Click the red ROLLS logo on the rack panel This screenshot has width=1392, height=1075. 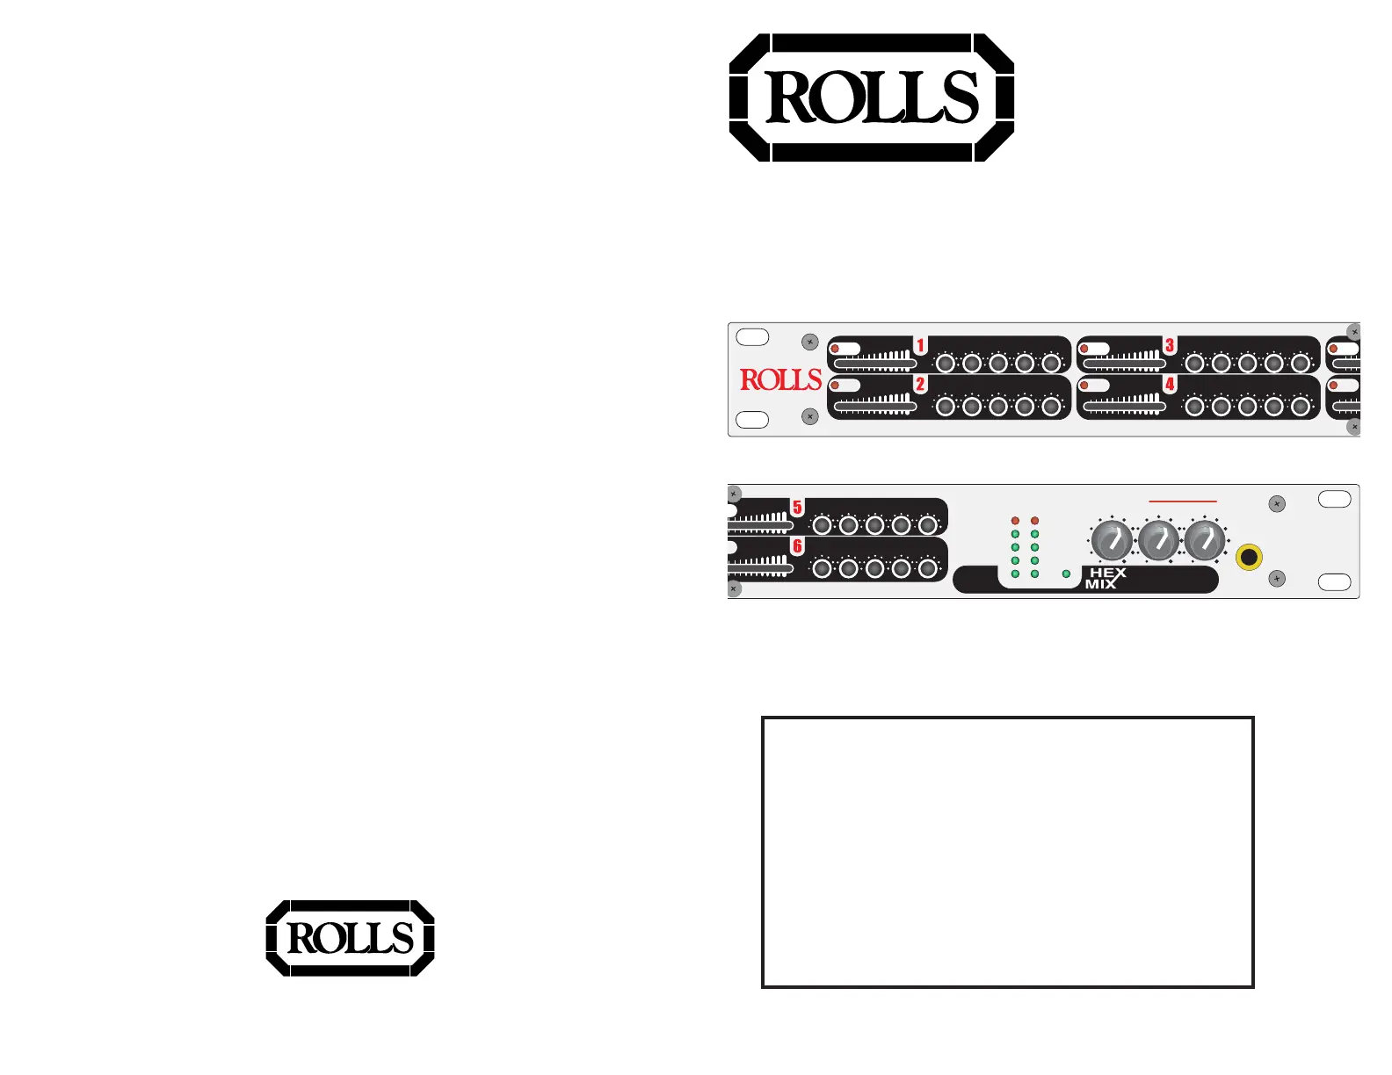click(780, 379)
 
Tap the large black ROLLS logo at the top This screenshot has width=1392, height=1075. click(872, 97)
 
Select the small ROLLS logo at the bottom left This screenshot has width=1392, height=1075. click(350, 938)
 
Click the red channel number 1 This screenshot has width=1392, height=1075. click(920, 345)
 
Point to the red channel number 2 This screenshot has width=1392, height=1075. click(920, 384)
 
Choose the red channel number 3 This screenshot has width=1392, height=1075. click(1170, 345)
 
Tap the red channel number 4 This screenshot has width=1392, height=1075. click(1170, 384)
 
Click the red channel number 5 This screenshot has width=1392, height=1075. click(797, 508)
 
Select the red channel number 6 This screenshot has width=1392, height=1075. click(797, 546)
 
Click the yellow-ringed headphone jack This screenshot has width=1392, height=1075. click(1249, 557)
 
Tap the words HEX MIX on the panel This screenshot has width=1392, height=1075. click(1106, 578)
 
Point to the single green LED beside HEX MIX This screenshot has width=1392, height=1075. click(1067, 574)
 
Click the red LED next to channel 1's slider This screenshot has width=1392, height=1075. click(835, 350)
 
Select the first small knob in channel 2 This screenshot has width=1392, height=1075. click(946, 406)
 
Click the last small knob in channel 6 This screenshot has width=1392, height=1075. click(927, 568)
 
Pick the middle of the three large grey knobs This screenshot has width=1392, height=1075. click(1158, 541)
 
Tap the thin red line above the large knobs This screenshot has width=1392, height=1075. click(1183, 501)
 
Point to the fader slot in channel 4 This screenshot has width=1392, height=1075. click(1124, 407)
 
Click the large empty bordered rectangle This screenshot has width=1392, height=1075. click(1007, 852)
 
